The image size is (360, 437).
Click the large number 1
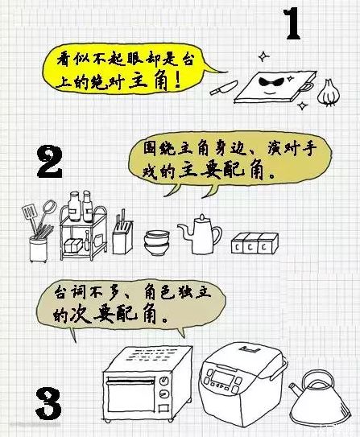pos(293,23)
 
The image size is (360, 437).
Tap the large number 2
pos(50,163)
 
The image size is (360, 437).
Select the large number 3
pos(48,404)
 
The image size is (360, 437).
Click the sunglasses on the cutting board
pos(271,82)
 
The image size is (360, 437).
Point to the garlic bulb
pos(329,93)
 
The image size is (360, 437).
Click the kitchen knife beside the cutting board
pos(224,88)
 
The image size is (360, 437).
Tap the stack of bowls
pos(157,242)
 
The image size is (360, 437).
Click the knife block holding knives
pos(122,236)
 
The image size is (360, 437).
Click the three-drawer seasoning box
pos(254,244)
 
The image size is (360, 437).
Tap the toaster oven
pos(147,385)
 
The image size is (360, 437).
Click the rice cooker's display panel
pos(222,378)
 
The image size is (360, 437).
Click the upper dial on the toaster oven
pos(164,381)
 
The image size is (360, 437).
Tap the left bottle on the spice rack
pos(74,206)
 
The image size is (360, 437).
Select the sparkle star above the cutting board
pos(264,57)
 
